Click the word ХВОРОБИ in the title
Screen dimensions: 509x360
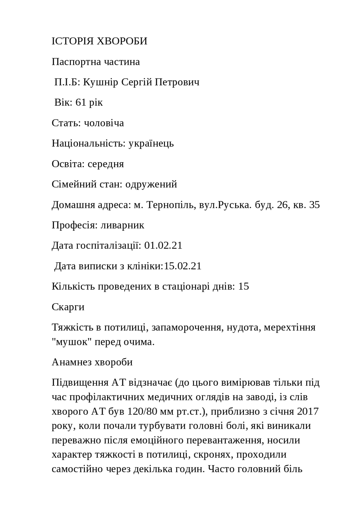pyautogui.click(x=122, y=41)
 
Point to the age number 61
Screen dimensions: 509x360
pyautogui.click(x=81, y=103)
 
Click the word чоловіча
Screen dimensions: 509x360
pyautogui.click(x=104, y=123)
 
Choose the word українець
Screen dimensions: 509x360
pyautogui.click(x=151, y=143)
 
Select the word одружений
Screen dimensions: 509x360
pyautogui.click(x=151, y=184)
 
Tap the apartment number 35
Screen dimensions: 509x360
pyautogui.click(x=314, y=205)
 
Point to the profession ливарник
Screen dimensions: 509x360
pyautogui.click(x=122, y=225)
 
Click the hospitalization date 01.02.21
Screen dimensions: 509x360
pyautogui.click(x=163, y=246)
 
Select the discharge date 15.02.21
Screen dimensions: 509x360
pyautogui.click(x=183, y=266)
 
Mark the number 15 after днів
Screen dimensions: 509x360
pyautogui.click(x=244, y=286)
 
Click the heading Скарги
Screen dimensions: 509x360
pyautogui.click(x=68, y=307)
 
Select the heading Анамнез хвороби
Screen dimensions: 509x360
pyautogui.click(x=92, y=362)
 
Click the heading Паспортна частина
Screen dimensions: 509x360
pyautogui.click(x=96, y=62)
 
